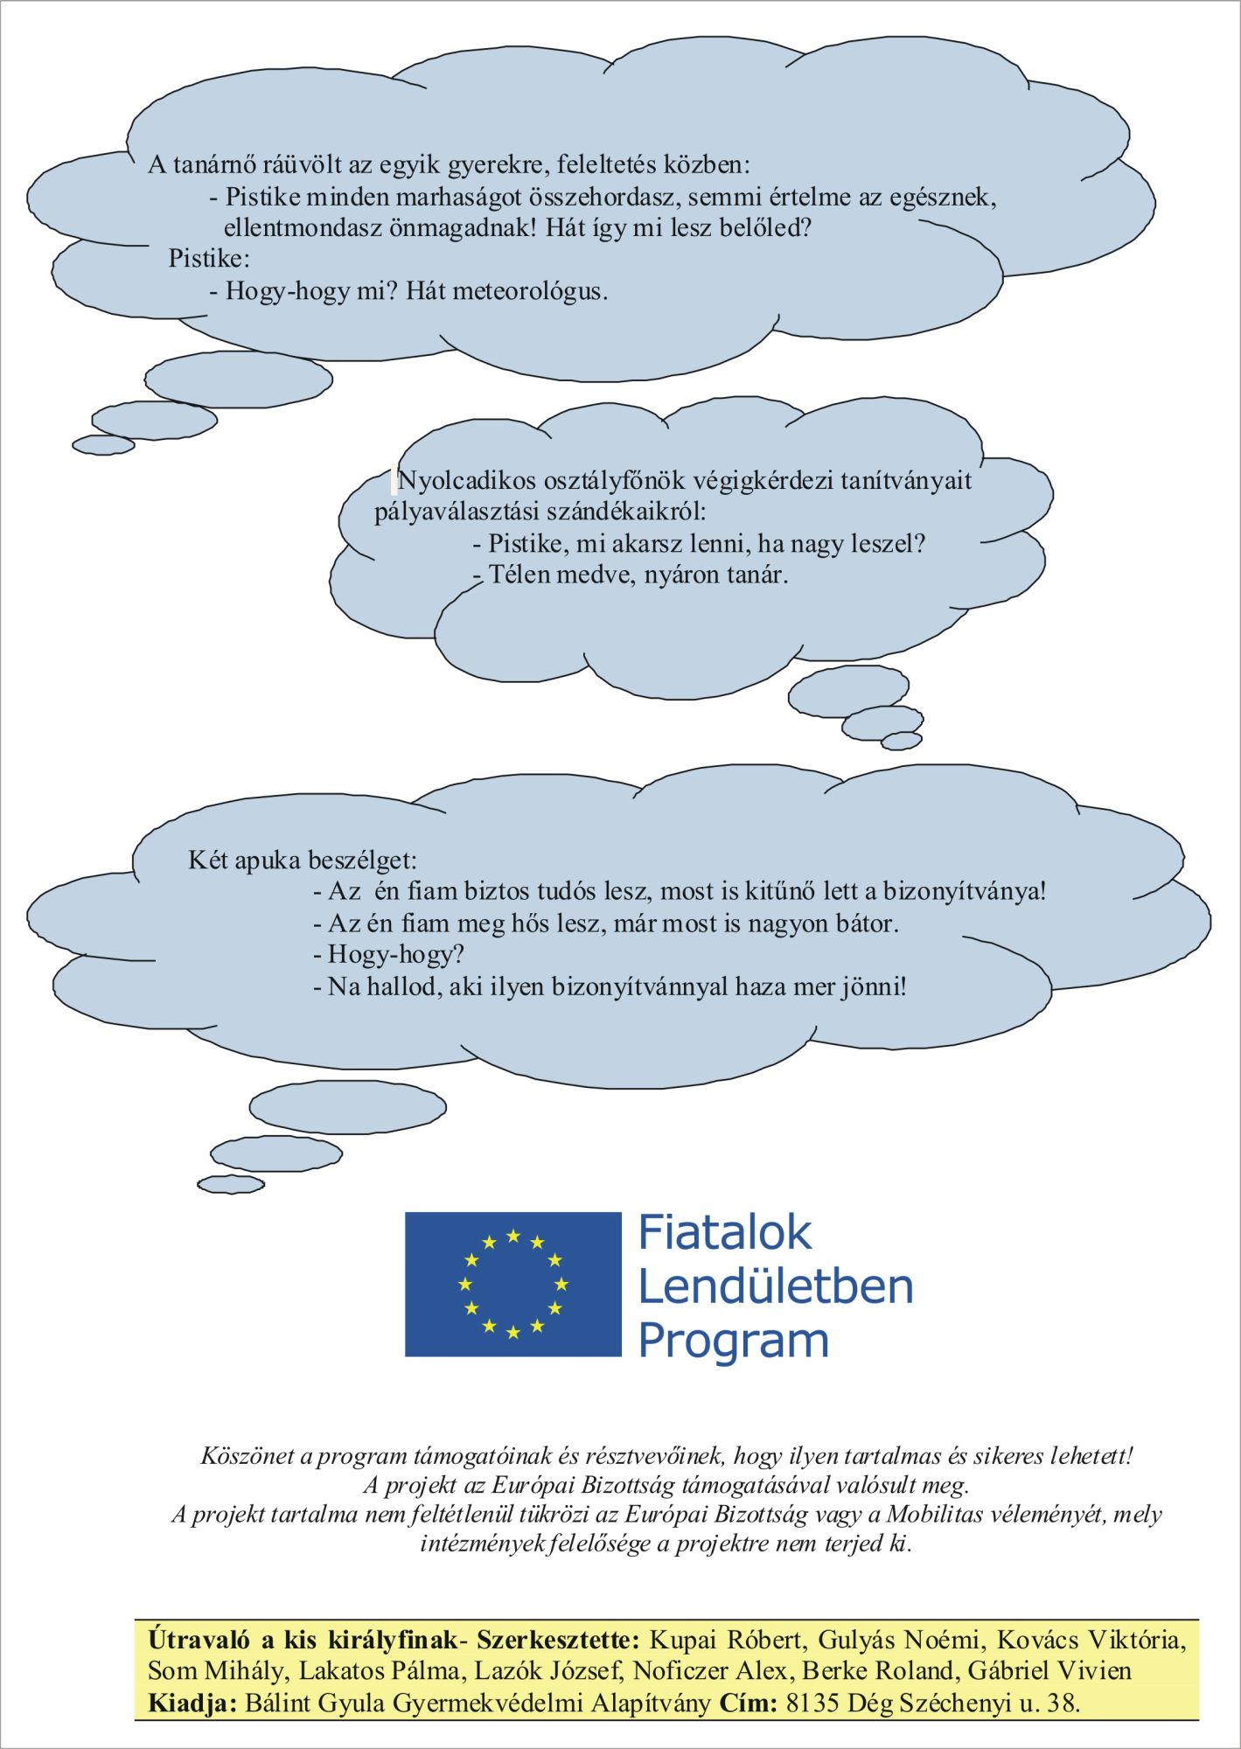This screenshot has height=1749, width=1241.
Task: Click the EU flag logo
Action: coord(512,1284)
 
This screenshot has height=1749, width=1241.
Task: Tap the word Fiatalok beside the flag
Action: coord(725,1233)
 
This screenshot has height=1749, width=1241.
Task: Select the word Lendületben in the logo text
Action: coord(776,1286)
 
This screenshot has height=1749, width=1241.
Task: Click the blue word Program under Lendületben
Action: coord(733,1340)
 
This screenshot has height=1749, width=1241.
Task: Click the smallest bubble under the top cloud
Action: coord(103,445)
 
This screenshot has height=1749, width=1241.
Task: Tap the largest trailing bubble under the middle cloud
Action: coord(848,694)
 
